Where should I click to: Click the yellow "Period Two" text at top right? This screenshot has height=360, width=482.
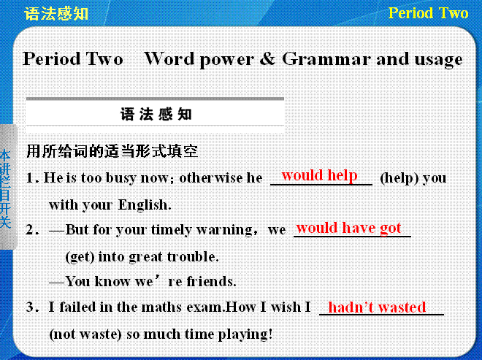[x=428, y=13]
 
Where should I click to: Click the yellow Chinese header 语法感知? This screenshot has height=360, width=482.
[x=56, y=14]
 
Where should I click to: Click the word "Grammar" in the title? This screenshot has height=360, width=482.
[x=326, y=59]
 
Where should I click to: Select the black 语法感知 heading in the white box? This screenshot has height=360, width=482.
[x=156, y=115]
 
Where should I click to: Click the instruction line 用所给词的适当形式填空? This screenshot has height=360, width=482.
[x=112, y=151]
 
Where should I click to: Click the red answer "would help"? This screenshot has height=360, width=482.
[x=319, y=175]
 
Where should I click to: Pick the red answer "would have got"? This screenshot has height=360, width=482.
[x=348, y=228]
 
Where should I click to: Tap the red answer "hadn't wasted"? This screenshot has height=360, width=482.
[x=377, y=307]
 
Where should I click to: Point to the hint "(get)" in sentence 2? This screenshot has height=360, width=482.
[x=80, y=257]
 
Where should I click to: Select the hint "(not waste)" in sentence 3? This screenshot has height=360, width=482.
[x=85, y=334]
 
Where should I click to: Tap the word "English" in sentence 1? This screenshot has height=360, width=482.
[x=145, y=205]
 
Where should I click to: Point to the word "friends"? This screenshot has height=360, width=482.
[x=211, y=281]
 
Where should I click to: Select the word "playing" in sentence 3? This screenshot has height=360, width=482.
[x=245, y=334]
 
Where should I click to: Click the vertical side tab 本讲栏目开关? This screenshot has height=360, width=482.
[x=6, y=188]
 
